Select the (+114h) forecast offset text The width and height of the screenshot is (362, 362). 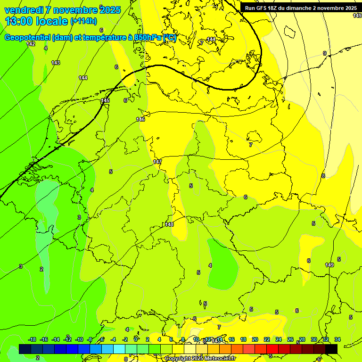coord(84,21)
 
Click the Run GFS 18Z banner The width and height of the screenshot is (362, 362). coord(301,8)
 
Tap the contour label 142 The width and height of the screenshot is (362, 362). coord(31,44)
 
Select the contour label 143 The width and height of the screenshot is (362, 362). coord(56,63)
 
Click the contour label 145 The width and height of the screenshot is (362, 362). coord(105,100)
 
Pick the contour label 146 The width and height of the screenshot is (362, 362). coord(140,119)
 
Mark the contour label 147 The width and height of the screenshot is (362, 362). coord(157,162)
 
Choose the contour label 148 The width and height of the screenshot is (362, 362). coord(169,224)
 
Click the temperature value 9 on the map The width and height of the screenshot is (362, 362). coord(324,53)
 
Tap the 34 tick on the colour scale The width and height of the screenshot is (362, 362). coord(337,339)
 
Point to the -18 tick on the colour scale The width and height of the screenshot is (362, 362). coord(32,339)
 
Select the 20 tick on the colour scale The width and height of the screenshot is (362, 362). coord(255,339)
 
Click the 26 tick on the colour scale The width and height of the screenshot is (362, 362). coord(290,339)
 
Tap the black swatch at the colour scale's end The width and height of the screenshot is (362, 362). coord(331,349)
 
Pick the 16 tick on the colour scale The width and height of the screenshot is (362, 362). coord(231,339)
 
